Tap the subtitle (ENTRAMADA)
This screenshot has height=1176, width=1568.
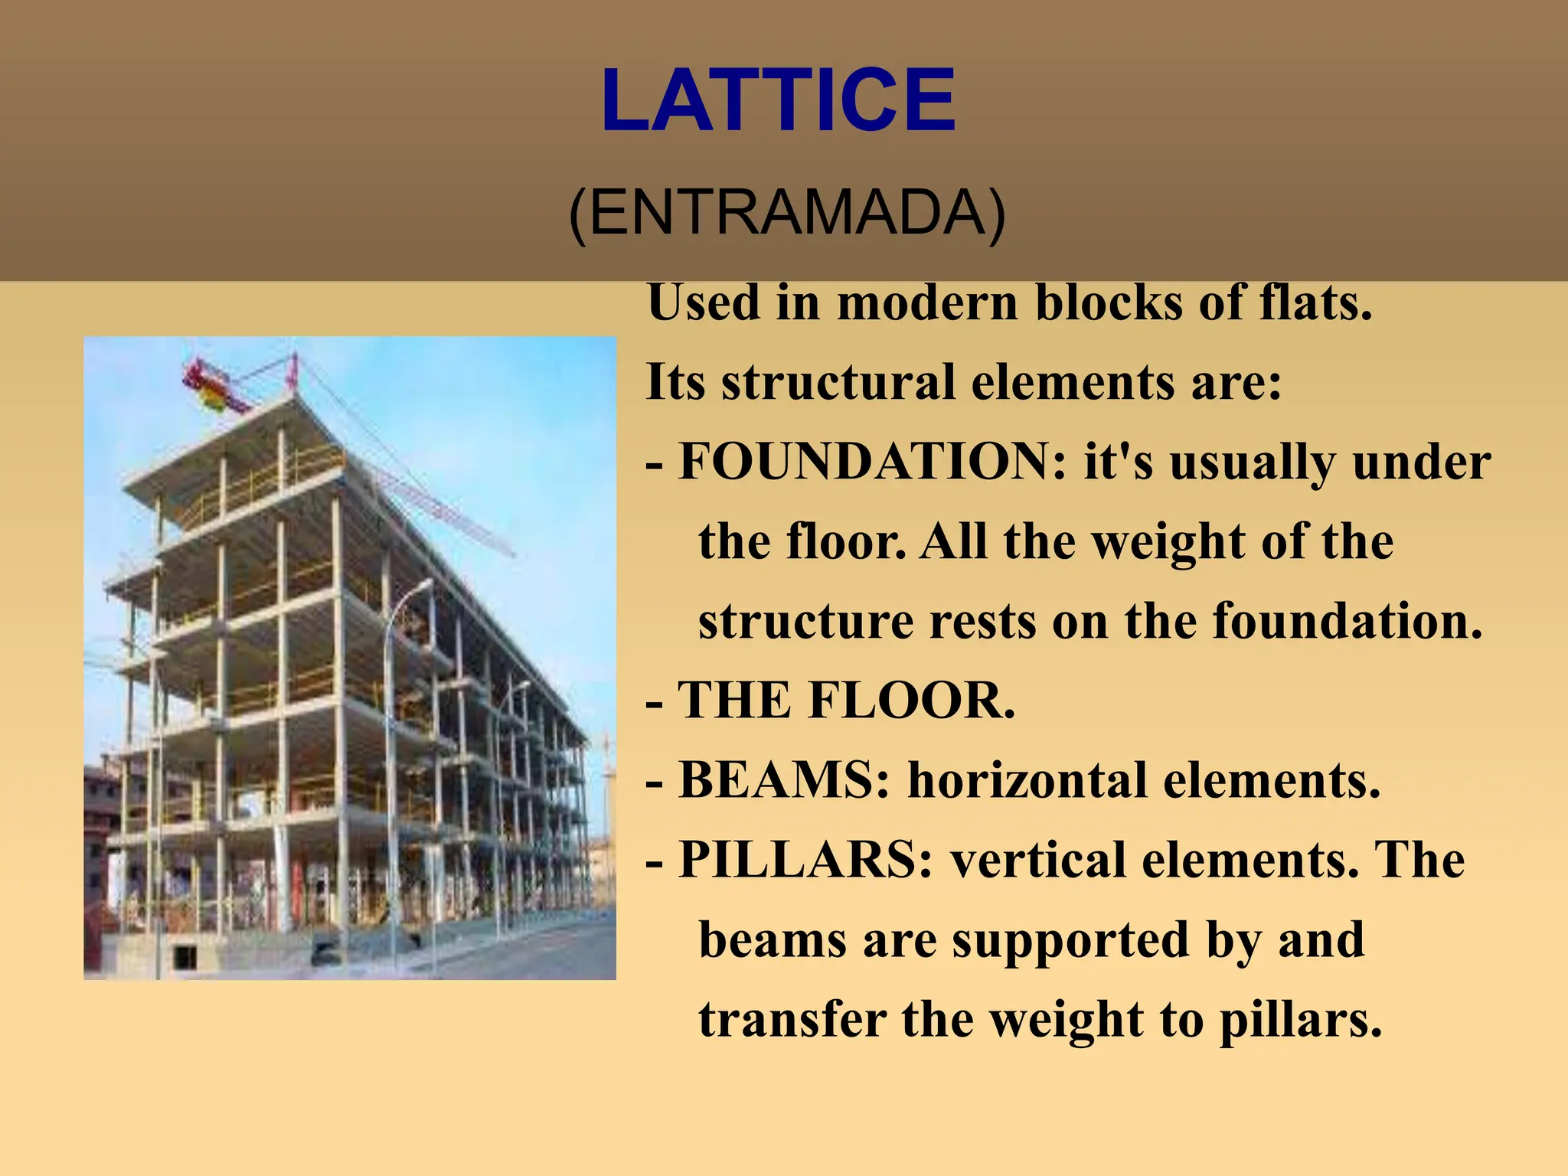click(786, 213)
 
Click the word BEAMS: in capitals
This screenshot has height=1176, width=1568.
click(784, 780)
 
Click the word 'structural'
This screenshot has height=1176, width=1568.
click(838, 383)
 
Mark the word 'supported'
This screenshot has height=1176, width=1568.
click(1072, 940)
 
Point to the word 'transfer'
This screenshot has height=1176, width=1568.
click(792, 1020)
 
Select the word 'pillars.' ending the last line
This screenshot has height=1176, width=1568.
click(1300, 1021)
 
